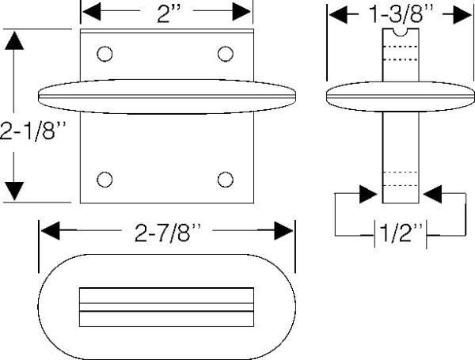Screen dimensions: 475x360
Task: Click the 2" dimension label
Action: pos(169,13)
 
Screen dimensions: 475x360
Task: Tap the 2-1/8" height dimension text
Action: pos(32,131)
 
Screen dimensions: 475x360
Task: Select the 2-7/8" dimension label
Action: pos(168,233)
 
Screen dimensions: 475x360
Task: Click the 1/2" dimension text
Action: pos(401,233)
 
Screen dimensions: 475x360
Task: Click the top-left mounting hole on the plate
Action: pos(104,54)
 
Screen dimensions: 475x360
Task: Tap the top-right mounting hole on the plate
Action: pos(226,54)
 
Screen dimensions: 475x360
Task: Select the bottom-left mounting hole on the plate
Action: pos(104,180)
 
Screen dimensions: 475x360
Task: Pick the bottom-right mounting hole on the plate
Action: pos(226,180)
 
